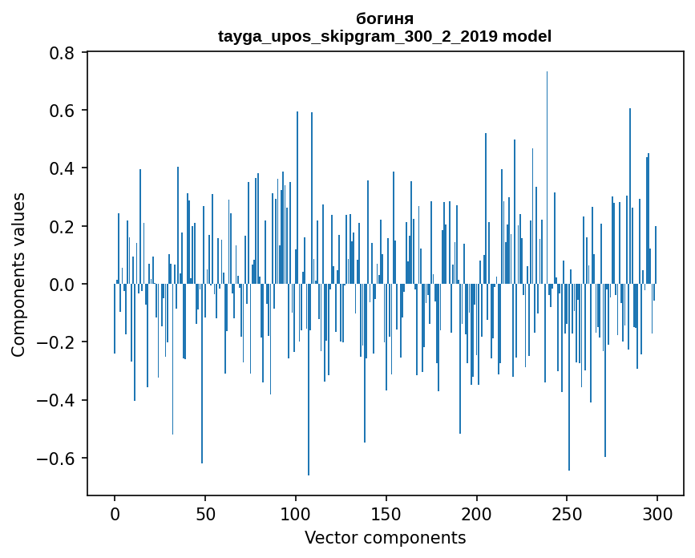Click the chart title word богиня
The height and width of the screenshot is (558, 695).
pyautogui.click(x=385, y=18)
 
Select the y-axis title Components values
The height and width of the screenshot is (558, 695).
pyautogui.click(x=18, y=274)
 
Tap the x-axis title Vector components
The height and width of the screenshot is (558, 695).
pyautogui.click(x=385, y=537)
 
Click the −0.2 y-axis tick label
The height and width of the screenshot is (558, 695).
pyautogui.click(x=59, y=342)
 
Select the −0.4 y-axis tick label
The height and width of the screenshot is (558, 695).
pyautogui.click(x=59, y=401)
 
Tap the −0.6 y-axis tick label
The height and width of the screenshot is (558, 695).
pyautogui.click(x=59, y=459)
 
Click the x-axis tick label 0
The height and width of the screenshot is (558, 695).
pyautogui.click(x=115, y=513)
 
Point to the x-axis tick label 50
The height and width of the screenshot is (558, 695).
pyautogui.click(x=205, y=513)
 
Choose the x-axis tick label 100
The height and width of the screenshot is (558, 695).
pyautogui.click(x=296, y=513)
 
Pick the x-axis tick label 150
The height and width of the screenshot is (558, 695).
pyautogui.click(x=386, y=513)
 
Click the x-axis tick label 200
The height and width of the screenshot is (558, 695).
pyautogui.click(x=477, y=513)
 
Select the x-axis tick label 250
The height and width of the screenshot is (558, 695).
pyautogui.click(x=568, y=513)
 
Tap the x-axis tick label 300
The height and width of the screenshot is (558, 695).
pyautogui.click(x=657, y=513)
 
